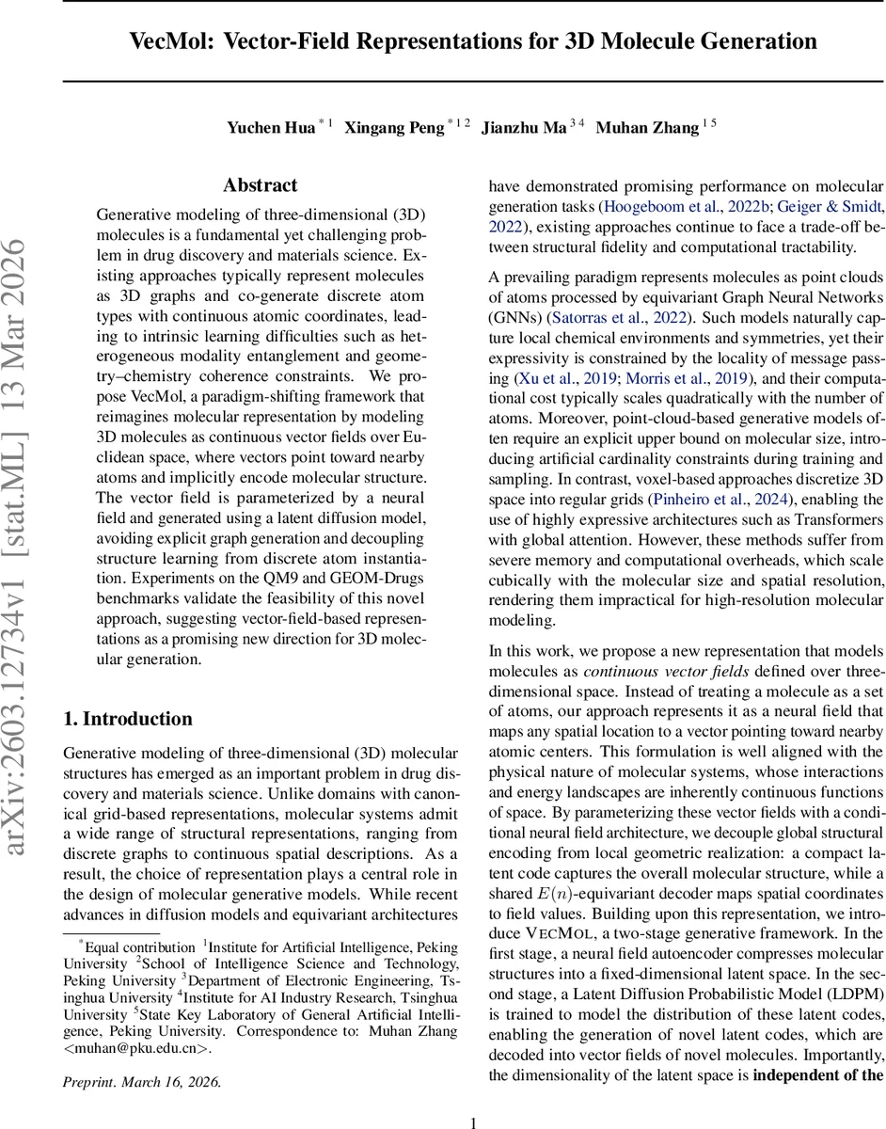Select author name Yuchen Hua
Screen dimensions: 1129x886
pyautogui.click(x=270, y=128)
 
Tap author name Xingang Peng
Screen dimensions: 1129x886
pyautogui.click(x=393, y=128)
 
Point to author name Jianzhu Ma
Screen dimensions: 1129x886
pyautogui.click(x=523, y=128)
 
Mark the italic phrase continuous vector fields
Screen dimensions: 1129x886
pyautogui.click(x=658, y=672)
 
